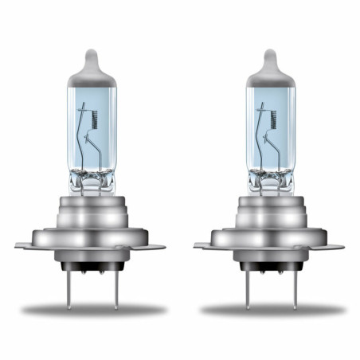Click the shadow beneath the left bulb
point(92,309)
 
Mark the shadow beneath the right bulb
point(271,309)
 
